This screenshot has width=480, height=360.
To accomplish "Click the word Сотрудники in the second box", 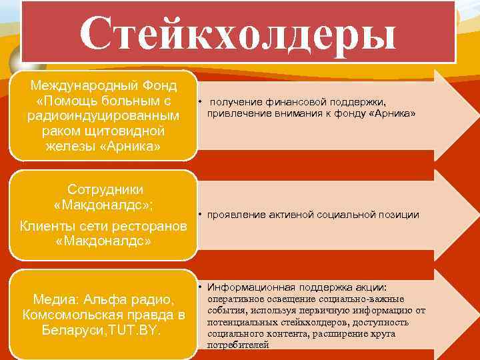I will click(105, 189).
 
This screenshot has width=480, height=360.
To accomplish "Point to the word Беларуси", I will click(70, 329).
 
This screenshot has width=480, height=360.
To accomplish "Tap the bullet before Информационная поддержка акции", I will click(200, 287).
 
